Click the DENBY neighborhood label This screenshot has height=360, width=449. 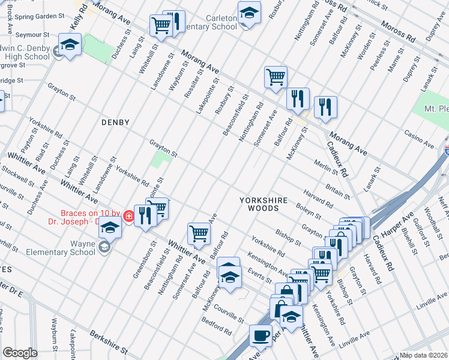tap(115, 122)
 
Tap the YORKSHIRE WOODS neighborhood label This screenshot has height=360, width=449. tap(264, 204)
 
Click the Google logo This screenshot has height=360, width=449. tap(20, 353)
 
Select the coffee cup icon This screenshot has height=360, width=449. tap(261, 335)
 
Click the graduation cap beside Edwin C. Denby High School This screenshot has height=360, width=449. tap(70, 45)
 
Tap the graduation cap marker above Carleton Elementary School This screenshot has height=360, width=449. tap(249, 12)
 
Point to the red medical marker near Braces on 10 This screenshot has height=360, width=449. tap(128, 216)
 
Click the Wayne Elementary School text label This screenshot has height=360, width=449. tap(65, 248)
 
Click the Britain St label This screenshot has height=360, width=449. tap(337, 190)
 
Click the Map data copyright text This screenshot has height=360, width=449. tap(424, 355)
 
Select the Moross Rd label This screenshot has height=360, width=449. tap(402, 35)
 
